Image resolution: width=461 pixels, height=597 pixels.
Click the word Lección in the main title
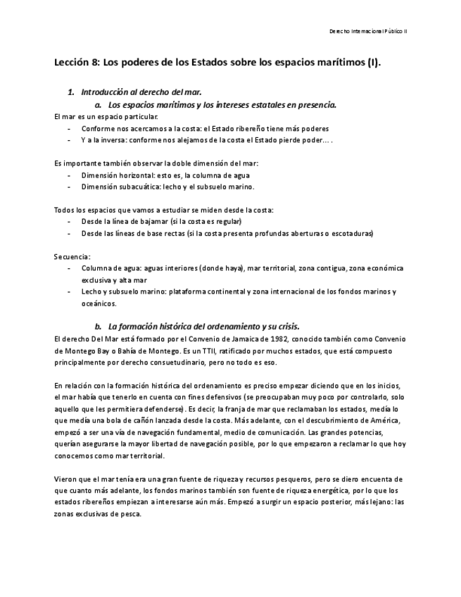coord(71,62)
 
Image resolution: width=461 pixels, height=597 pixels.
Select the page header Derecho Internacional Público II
coord(373,32)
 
